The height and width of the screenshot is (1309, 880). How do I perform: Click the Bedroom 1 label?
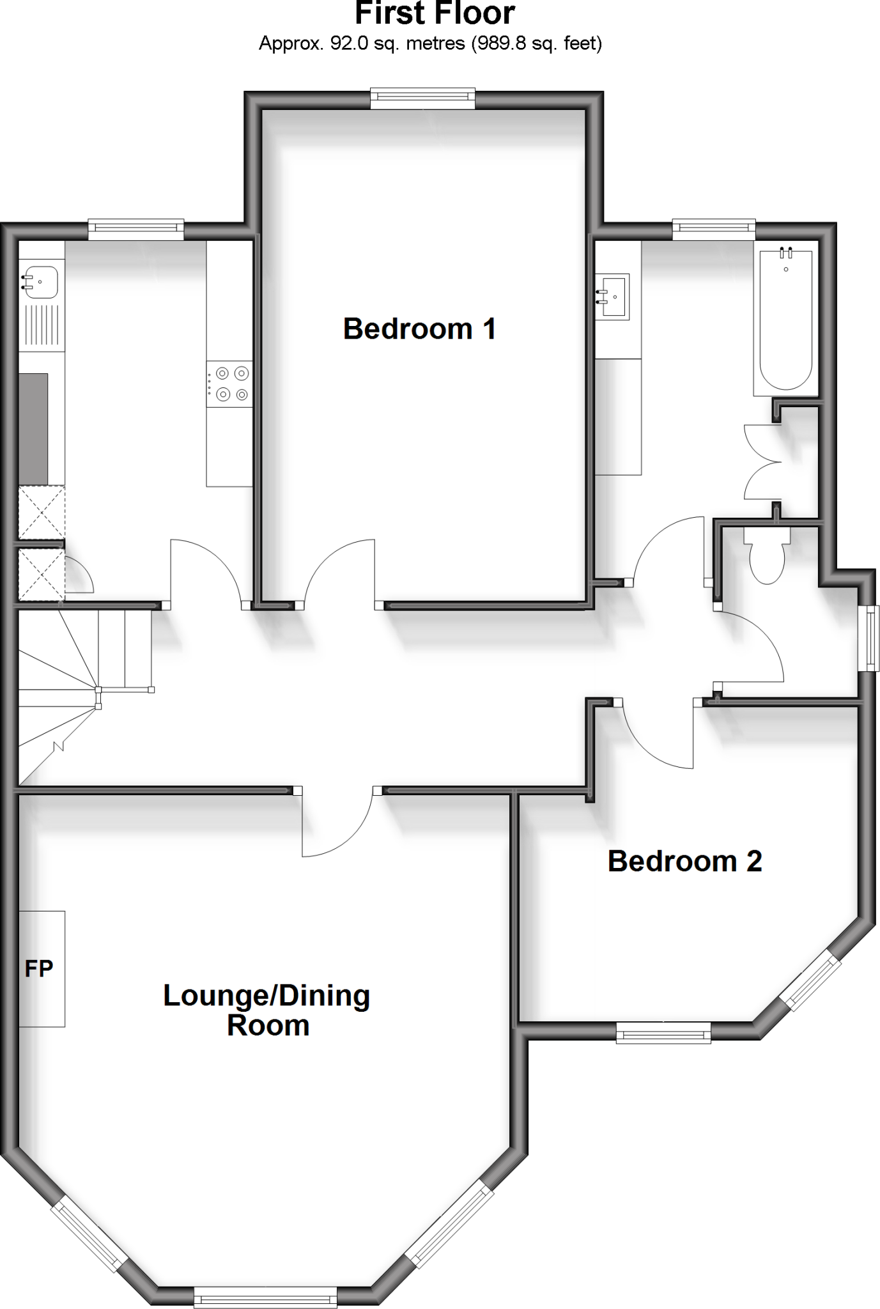point(419,329)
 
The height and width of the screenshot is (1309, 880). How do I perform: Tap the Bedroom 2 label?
point(684,862)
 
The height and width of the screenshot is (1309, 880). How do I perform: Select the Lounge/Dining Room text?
point(267,1011)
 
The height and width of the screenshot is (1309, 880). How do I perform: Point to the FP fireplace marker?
point(39,969)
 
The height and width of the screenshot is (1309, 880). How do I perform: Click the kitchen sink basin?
point(40,283)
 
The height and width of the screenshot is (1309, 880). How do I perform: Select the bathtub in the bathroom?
point(785,318)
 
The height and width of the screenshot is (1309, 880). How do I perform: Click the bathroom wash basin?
point(613,297)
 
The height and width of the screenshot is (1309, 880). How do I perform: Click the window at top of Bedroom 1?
point(423,97)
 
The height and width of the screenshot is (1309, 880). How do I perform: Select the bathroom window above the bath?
point(713,228)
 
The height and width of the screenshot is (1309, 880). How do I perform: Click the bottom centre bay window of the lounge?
point(265,1298)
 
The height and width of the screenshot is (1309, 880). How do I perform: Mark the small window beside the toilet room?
point(870,637)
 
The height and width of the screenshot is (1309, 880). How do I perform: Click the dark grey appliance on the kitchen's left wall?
point(33,429)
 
